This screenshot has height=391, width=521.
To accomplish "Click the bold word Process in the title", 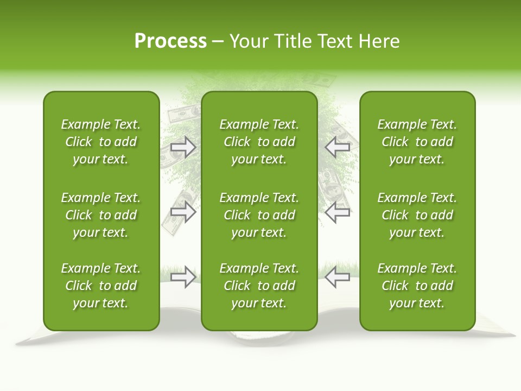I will (x=170, y=41).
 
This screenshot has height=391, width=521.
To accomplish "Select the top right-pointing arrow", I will (x=183, y=147).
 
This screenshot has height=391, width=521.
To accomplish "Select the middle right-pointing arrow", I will (x=183, y=212).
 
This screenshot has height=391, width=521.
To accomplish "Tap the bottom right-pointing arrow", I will (x=183, y=277).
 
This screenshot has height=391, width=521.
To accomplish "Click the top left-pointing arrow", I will (x=338, y=147).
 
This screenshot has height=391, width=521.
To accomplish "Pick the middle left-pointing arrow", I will (x=338, y=212).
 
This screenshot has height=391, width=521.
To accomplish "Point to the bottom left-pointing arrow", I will (x=338, y=277).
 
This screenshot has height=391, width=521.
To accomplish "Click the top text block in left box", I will (x=101, y=142).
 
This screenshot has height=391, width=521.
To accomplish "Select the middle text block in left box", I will (x=101, y=215).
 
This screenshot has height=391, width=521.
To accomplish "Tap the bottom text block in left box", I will (x=101, y=286).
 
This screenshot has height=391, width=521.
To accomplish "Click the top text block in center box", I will (x=259, y=142).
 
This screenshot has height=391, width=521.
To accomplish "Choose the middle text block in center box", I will (x=259, y=215).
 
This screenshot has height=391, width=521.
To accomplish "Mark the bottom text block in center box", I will (x=259, y=286).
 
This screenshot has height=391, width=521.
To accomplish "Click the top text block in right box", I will (x=417, y=142).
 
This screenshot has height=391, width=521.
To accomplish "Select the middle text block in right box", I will (x=417, y=215).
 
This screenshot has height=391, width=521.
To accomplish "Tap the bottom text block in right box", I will (x=417, y=286).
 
